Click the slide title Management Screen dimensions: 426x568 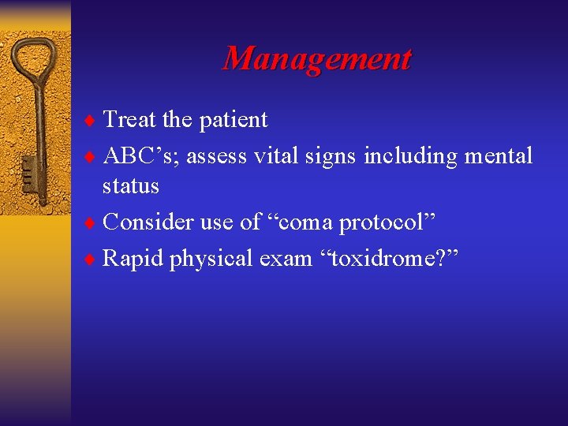point(316,59)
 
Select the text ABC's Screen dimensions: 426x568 point(133,155)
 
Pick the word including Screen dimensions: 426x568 point(409,157)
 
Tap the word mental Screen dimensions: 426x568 point(498,155)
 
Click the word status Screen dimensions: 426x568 point(131,187)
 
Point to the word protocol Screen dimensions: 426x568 point(387,223)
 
